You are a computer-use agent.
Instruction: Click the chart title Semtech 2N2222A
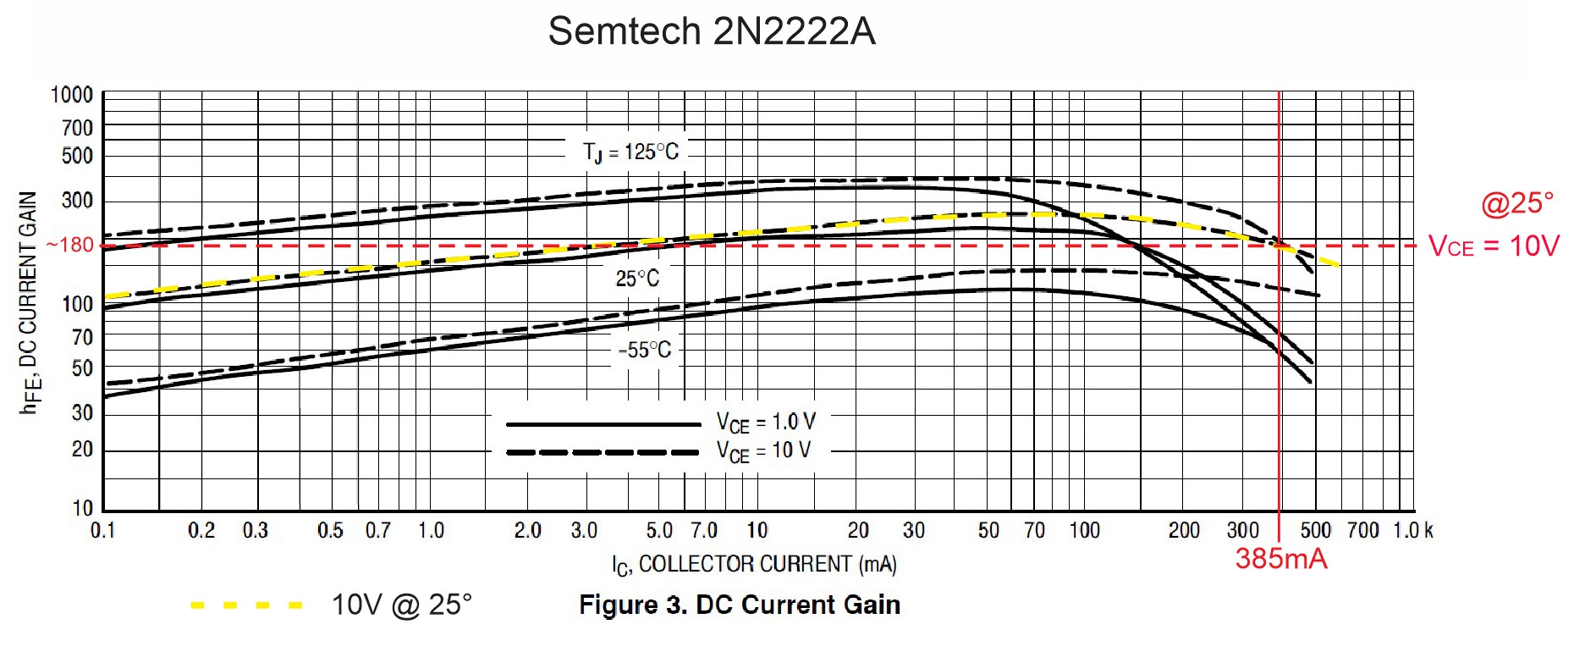[x=711, y=31]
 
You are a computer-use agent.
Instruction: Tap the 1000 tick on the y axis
[x=72, y=95]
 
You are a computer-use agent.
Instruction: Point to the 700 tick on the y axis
[x=77, y=128]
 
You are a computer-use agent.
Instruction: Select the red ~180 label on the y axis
[x=70, y=246]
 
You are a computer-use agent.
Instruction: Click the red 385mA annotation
[x=1281, y=559]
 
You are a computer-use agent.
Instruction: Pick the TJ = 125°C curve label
[x=630, y=152]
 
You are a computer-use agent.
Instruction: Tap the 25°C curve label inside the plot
[x=637, y=279]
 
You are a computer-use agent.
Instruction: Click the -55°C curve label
[x=645, y=350]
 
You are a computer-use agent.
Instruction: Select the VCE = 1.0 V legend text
[x=766, y=423]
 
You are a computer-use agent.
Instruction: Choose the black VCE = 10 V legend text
[x=763, y=451]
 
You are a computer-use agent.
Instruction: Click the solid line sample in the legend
[x=603, y=423]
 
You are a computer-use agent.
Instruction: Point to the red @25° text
[x=1517, y=204]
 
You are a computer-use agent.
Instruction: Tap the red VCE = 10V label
[x=1494, y=246]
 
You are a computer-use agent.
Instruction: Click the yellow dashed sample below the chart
[x=246, y=605]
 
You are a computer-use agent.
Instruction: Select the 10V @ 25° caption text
[x=402, y=605]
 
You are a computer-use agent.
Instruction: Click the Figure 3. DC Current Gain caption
[x=740, y=605]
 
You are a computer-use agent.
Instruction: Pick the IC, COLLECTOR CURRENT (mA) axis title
[x=754, y=565]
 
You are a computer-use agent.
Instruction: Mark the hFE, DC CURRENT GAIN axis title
[x=29, y=302]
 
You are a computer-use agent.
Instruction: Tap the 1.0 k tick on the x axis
[x=1412, y=531]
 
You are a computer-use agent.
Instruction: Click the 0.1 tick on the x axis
[x=103, y=531]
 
